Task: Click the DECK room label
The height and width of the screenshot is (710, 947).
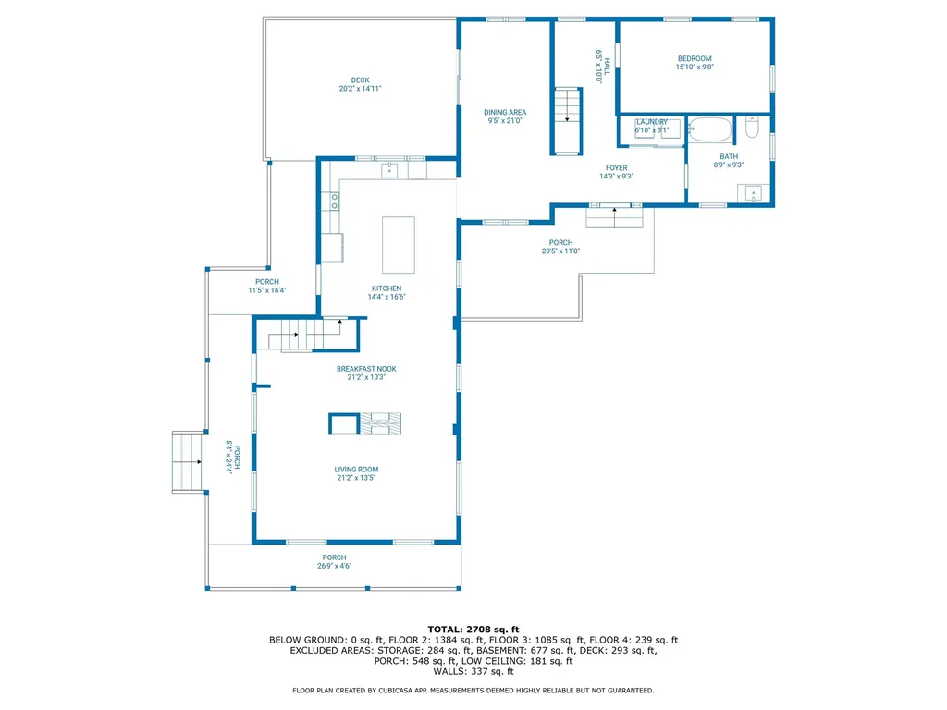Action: coord(360,80)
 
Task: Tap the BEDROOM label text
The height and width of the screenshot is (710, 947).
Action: coord(695,57)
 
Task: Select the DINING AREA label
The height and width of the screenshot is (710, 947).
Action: coord(505,112)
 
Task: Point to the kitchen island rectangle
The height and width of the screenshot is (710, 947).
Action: coord(399,244)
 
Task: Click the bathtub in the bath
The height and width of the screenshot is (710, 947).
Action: coord(710,129)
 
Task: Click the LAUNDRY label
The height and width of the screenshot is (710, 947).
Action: coord(652,122)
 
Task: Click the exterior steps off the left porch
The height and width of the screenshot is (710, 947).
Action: coord(188,461)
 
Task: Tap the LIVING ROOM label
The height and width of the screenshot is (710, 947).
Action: coord(356,469)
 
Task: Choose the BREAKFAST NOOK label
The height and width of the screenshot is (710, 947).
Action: coord(366,368)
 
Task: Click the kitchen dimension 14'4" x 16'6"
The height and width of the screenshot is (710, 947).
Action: coord(386,298)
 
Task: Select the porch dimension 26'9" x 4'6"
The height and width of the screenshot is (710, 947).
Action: coord(334,566)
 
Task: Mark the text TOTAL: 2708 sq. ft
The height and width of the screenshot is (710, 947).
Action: coord(473,629)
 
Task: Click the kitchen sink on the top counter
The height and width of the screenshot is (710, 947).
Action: coord(390,169)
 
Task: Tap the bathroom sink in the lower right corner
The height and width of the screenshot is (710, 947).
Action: coord(755,193)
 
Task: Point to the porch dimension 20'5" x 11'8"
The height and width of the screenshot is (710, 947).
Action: coord(561,251)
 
